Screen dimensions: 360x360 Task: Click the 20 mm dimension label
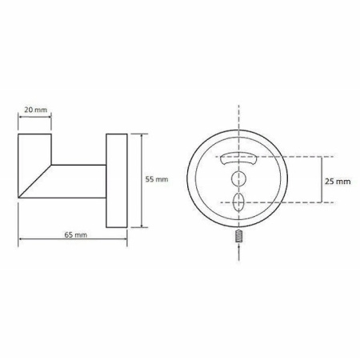pos(35,110)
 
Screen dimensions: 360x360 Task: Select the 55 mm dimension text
pos(157,179)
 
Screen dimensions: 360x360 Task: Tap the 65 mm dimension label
pos(76,234)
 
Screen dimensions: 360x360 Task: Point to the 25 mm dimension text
pos(338,182)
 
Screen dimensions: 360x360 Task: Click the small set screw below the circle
pos(239,236)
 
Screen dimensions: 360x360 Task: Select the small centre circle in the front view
pos(238,178)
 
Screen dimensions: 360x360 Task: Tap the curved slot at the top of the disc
pos(238,159)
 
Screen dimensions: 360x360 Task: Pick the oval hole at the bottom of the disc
pos(238,202)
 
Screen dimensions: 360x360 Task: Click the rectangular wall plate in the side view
pos(117,181)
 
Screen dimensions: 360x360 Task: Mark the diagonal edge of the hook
pos(34,182)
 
